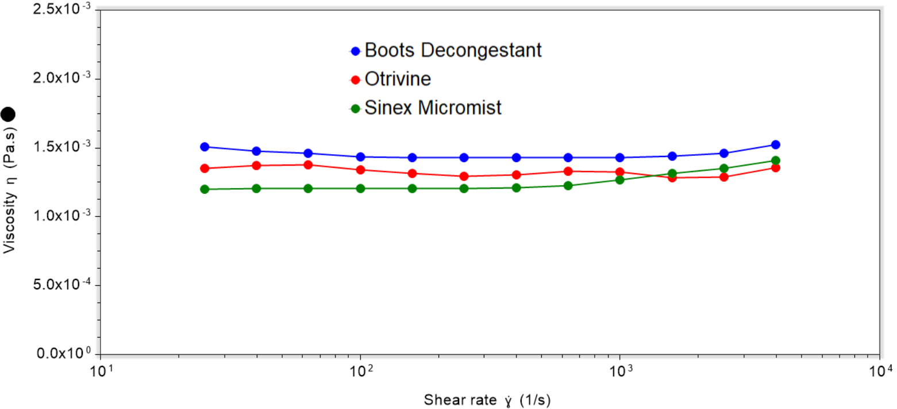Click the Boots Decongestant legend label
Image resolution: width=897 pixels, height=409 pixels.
pyautogui.click(x=453, y=51)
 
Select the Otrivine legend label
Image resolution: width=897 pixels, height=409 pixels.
pyautogui.click(x=398, y=79)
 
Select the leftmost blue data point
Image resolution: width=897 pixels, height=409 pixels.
pyautogui.click(x=205, y=147)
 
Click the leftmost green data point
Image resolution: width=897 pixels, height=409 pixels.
pyautogui.click(x=205, y=189)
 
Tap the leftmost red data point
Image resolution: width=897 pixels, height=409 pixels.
pyautogui.click(x=205, y=169)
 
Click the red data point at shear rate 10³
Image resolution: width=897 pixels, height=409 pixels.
pyautogui.click(x=620, y=172)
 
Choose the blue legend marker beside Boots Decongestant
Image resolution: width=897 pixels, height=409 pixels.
pyautogui.click(x=356, y=51)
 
